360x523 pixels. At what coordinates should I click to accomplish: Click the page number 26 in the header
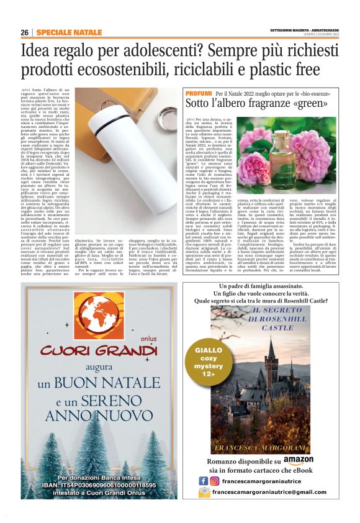coord(24,32)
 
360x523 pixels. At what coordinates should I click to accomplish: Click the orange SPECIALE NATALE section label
coord(69,32)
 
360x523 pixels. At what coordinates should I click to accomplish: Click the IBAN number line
coord(99,485)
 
